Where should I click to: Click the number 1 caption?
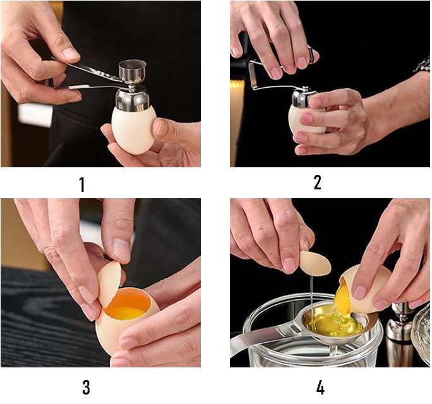tap(82, 184)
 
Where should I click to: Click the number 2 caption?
tap(318, 182)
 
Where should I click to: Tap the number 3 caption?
tap(86, 387)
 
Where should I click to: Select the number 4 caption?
tap(320, 388)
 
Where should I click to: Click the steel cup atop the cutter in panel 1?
tap(132, 71)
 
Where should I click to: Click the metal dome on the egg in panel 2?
tap(303, 97)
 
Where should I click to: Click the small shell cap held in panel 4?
tap(315, 263)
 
